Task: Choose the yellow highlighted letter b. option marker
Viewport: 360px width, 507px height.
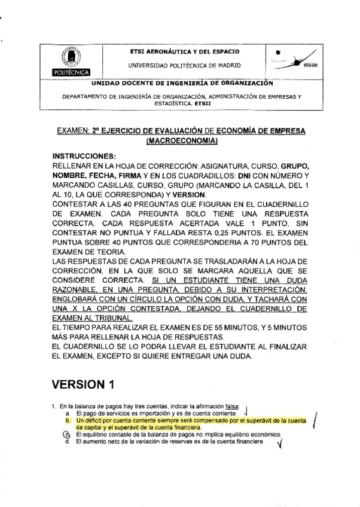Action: click(x=68, y=421)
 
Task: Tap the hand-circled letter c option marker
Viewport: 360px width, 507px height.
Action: click(x=67, y=435)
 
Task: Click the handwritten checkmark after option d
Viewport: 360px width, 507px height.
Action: click(x=279, y=444)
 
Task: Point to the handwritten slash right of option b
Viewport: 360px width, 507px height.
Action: click(x=315, y=423)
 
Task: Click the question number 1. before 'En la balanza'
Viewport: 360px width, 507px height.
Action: click(x=55, y=407)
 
